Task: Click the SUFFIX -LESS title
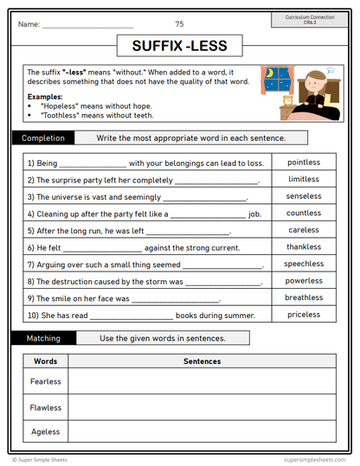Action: tap(179, 45)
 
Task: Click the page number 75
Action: tap(179, 24)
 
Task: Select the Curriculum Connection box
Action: tap(310, 19)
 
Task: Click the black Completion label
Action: tap(43, 137)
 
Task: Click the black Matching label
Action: tap(43, 338)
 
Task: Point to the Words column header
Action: tap(45, 361)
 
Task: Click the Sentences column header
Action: tap(202, 361)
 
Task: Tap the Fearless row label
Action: tap(46, 381)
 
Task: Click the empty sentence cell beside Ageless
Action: tap(202, 431)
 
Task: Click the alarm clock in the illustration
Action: tap(287, 100)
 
